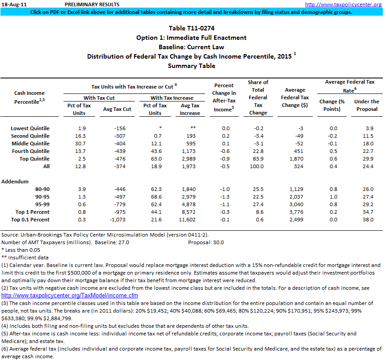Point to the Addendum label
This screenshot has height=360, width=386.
pyautogui.click(x=15, y=182)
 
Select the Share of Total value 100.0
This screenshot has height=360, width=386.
pyautogui.click(x=258, y=166)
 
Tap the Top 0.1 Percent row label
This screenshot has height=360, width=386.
pyautogui.click(x=32, y=220)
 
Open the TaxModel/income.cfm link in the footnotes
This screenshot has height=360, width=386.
pyautogui.click(x=70, y=296)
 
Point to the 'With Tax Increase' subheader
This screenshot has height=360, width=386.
pyautogui.click(x=172, y=97)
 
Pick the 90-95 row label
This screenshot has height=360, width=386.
pyautogui.click(x=41, y=197)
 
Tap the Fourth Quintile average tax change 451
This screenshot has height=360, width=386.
pyautogui.click(x=301, y=151)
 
